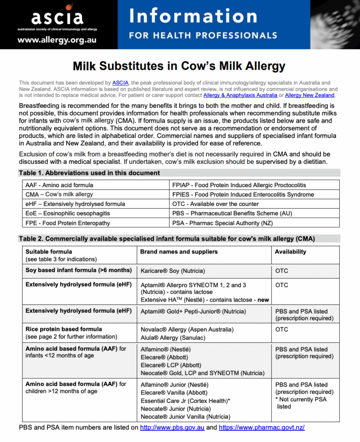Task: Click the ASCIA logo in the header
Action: coord(57,18)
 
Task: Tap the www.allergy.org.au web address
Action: coord(57,40)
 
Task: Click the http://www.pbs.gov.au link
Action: coord(172,427)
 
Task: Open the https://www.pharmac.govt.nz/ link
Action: coord(261,427)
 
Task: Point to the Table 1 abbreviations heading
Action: coord(89,173)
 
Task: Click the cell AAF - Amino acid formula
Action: coord(59,185)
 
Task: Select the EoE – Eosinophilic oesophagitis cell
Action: coord(67,213)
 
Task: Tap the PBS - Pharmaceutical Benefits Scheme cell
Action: coord(229,213)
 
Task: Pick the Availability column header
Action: coord(290,251)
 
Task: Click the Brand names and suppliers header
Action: coord(179,251)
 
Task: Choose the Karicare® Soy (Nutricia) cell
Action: coord(172,271)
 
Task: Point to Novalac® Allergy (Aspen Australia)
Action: coord(187,330)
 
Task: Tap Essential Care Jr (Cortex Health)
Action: coord(185,401)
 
